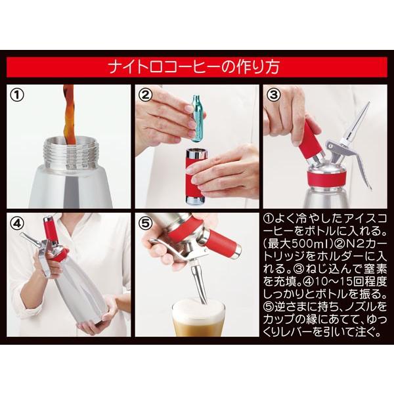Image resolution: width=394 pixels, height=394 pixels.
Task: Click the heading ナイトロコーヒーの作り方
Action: click(x=196, y=67)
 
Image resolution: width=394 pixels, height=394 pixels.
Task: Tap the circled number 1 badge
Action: click(x=19, y=94)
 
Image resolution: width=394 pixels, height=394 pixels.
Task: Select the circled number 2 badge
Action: click(x=145, y=94)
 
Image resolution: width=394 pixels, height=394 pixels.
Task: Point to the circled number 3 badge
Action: click(x=274, y=94)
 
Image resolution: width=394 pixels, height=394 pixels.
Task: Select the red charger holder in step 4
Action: click(x=49, y=230)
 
